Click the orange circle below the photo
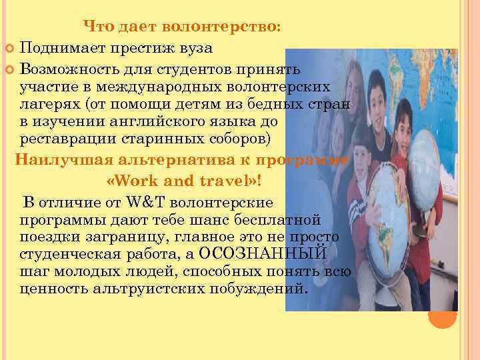coord(442,317)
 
